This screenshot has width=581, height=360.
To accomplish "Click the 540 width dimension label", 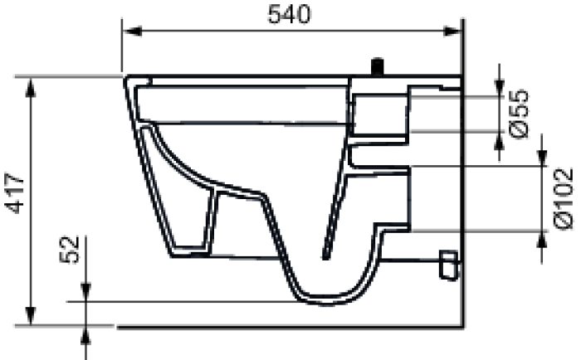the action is click(x=289, y=15).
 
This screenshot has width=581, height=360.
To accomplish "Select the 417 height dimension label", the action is click(x=15, y=193).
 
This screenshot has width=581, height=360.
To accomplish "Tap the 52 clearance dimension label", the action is click(x=70, y=250).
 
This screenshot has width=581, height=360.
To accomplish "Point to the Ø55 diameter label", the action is click(x=519, y=114).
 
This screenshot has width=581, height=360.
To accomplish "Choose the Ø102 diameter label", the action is click(x=564, y=199).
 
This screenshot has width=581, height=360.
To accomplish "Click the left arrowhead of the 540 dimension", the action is click(x=132, y=32).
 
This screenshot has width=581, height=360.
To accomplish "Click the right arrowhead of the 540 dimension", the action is click(x=452, y=32).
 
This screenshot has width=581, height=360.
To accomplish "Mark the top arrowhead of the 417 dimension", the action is click(x=31, y=88).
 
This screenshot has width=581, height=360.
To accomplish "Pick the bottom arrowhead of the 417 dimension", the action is click(x=31, y=316).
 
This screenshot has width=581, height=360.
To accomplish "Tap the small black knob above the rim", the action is click(x=378, y=66).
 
